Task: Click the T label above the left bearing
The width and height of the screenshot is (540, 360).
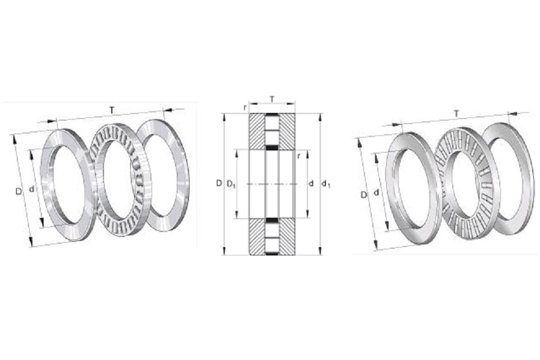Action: coord(112,110)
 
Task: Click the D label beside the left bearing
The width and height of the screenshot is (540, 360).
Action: coord(18,191)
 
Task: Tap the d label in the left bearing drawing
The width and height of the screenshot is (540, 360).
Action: coord(32,189)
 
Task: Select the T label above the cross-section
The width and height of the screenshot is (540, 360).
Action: coord(272,99)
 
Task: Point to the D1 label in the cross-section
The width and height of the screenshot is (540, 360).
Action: coord(231,184)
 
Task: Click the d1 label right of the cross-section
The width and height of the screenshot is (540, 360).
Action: coord(326,184)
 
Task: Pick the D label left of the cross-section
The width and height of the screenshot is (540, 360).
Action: coord(219,183)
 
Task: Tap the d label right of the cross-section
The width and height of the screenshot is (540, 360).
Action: coord(311,183)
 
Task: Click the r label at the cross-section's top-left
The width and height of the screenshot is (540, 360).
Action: coord(245,107)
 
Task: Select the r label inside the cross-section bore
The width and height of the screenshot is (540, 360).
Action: coord(299,156)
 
